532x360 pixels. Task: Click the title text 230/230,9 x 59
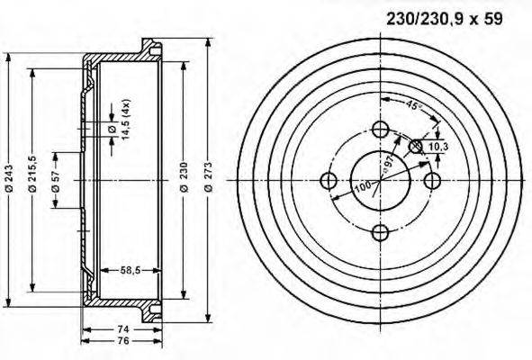click(x=445, y=16)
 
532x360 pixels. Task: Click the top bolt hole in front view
click(x=380, y=128)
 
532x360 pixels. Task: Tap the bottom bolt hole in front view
click(x=380, y=233)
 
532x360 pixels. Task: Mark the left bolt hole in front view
click(x=328, y=181)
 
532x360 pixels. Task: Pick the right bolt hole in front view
click(x=432, y=181)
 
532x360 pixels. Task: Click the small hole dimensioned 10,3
click(x=416, y=146)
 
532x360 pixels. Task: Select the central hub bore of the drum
click(x=379, y=181)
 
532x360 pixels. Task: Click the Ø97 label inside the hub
click(x=389, y=162)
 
